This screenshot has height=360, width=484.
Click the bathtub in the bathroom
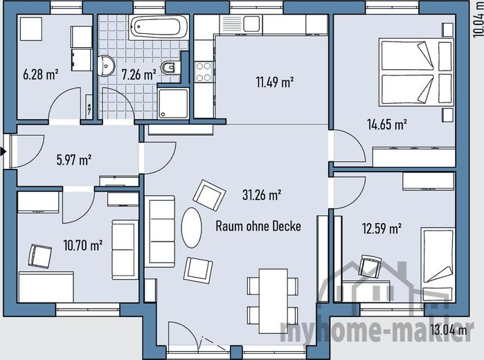coord(159,27)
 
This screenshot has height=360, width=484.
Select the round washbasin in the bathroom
coord(106,66)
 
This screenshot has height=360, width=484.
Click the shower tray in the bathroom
coord(173,103)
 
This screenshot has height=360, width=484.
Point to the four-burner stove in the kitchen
coord(204,71)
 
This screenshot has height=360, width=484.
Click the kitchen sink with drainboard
coord(241,24)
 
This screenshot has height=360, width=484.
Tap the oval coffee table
coord(191,228)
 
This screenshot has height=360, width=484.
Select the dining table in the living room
coord(274,301)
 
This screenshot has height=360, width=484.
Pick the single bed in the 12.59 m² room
coord(438,264)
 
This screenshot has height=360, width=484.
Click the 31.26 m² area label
coord(262,195)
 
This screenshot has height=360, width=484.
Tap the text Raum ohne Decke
coord(258,226)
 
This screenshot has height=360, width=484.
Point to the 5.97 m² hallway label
coord(74,160)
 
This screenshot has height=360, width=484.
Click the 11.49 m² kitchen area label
coord(275,82)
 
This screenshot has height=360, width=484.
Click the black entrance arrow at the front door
coord(3,152)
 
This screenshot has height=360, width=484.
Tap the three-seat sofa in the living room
coord(162,231)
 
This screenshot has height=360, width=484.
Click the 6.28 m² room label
coord(41,74)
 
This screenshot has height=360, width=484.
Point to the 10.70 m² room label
coord(82,245)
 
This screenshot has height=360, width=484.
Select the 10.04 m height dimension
coord(478,19)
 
